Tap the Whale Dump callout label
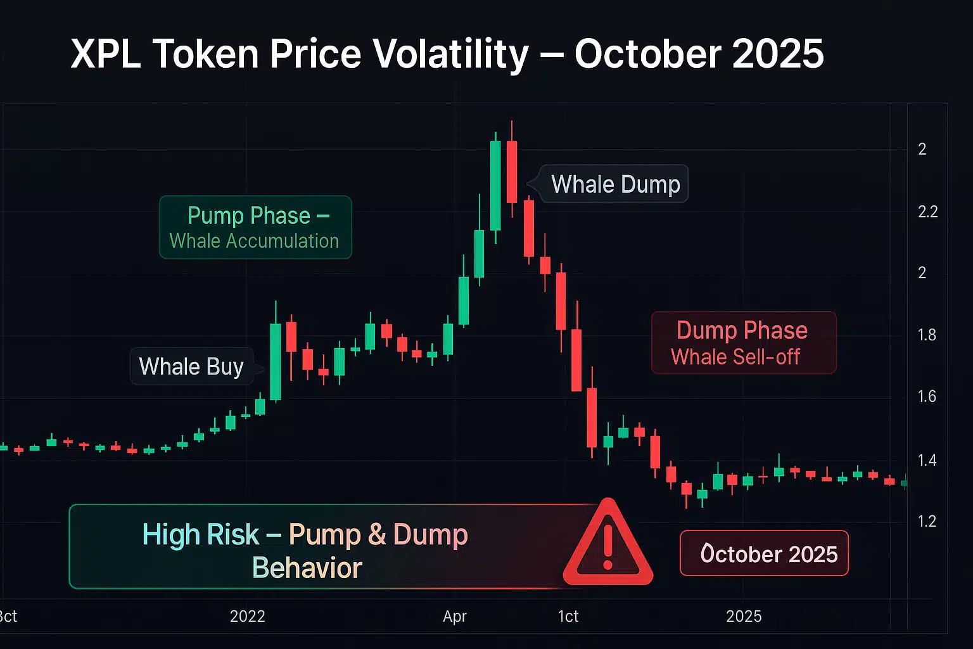(x=615, y=184)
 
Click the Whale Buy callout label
(x=191, y=366)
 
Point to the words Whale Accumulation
(x=254, y=241)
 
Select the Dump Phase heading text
(x=742, y=330)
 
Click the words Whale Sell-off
(x=735, y=357)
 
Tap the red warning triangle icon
(x=607, y=544)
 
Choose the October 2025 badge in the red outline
(x=764, y=553)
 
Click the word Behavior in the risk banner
(x=307, y=568)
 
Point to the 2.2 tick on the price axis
(x=927, y=212)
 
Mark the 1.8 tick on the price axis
(x=927, y=335)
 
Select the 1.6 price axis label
(x=927, y=397)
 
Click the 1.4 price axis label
(x=927, y=460)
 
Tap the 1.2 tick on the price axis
(x=927, y=521)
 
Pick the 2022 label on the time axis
(x=247, y=616)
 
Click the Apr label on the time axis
(x=455, y=616)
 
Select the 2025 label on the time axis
(x=744, y=616)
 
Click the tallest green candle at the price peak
(x=495, y=186)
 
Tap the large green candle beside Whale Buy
(x=276, y=361)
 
